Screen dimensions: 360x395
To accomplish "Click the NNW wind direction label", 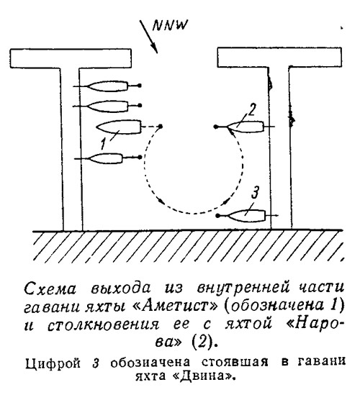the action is pyautogui.click(x=170, y=25).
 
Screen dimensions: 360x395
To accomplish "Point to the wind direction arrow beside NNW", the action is pyautogui.click(x=149, y=37).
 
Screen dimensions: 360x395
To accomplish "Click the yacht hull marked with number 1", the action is pyautogui.click(x=119, y=127).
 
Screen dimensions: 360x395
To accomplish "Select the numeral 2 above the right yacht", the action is pyautogui.click(x=251, y=109).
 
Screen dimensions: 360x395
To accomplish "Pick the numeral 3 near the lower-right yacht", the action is pyautogui.click(x=255, y=192).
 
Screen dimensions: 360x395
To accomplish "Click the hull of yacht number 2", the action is pyautogui.click(x=246, y=127).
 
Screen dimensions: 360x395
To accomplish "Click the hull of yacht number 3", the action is pyautogui.click(x=246, y=216).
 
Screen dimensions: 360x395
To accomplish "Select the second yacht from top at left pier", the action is pyautogui.click(x=108, y=106).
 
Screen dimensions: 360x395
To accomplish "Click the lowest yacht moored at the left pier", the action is pyautogui.click(x=105, y=158).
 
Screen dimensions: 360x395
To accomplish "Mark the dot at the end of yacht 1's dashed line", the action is pyautogui.click(x=160, y=126).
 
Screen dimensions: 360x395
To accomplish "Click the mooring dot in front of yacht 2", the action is pyautogui.click(x=215, y=127).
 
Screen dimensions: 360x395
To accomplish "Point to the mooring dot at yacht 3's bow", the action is pyautogui.click(x=218, y=216).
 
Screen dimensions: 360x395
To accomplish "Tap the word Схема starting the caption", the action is pyautogui.click(x=50, y=288).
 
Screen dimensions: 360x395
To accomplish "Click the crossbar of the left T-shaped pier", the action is pyautogui.click(x=71, y=58).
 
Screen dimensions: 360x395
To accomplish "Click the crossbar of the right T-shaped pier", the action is pyautogui.click(x=279, y=57).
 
